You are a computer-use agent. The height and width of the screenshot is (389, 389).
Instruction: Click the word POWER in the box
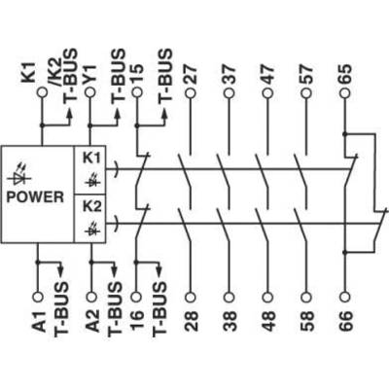[35, 197]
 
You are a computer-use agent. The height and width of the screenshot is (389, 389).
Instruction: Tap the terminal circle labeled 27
[191, 93]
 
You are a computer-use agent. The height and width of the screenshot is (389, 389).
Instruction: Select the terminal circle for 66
[345, 297]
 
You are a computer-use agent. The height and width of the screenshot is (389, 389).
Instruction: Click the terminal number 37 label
[229, 74]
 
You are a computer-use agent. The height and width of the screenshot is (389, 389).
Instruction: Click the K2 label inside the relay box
[92, 206]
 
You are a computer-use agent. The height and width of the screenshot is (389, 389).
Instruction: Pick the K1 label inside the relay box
[92, 158]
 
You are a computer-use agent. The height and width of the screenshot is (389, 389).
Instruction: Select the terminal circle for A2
[92, 297]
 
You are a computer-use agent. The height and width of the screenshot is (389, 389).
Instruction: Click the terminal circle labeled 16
[136, 297]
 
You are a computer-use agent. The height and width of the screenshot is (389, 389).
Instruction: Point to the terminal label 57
[306, 74]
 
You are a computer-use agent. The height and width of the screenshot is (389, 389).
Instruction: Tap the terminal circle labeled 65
[345, 93]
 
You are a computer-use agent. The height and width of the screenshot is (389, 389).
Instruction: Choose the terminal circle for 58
[306, 297]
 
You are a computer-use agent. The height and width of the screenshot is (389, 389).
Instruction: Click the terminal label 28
[191, 321]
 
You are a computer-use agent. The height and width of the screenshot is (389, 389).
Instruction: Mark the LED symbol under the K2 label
[92, 229]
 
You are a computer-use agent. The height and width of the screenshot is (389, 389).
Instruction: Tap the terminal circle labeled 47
[267, 93]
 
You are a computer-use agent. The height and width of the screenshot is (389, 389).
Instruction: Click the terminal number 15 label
[136, 74]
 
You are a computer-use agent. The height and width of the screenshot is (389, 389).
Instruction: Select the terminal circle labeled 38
[229, 297]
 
